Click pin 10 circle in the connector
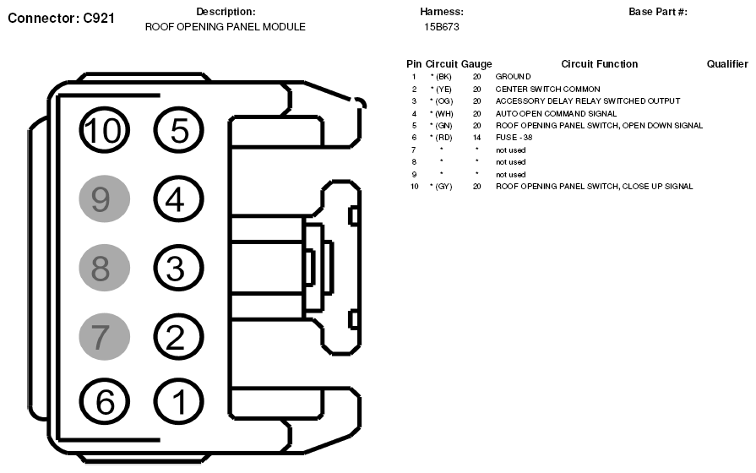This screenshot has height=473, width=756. (x=105, y=131)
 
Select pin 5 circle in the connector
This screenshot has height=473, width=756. (x=178, y=131)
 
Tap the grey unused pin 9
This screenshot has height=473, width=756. (x=103, y=199)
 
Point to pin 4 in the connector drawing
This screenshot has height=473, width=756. (x=178, y=199)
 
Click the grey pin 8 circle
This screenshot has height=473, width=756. (x=103, y=269)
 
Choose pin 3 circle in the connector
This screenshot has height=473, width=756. (x=178, y=269)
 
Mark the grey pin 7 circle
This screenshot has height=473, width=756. (x=103, y=337)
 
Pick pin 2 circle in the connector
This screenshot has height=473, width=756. (x=178, y=337)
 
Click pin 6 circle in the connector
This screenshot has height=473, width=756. (x=105, y=403)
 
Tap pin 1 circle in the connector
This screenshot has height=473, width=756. (x=178, y=403)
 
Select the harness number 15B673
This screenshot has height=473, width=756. (x=441, y=27)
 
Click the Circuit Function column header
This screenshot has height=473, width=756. (x=599, y=64)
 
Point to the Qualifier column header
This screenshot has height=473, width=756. (x=727, y=64)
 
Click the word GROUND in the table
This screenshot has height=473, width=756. (x=513, y=77)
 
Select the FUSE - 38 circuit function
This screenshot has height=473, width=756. (x=514, y=138)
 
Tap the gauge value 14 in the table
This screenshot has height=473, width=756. (x=476, y=138)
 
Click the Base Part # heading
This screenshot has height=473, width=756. (x=658, y=12)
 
